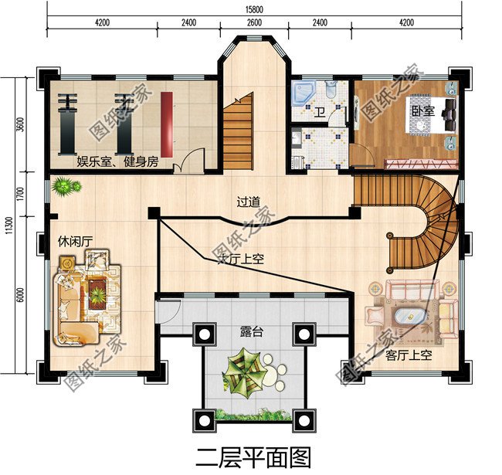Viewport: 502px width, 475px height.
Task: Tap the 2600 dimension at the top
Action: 253,23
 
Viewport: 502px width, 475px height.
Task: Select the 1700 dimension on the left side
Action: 22,190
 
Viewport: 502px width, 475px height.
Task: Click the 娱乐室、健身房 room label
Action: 117,161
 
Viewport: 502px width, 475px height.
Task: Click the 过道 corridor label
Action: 248,202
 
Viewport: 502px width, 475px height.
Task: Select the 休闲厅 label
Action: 74,242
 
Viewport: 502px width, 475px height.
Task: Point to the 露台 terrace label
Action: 252,332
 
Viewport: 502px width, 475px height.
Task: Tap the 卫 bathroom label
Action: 320,113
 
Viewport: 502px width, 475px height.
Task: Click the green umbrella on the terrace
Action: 246,370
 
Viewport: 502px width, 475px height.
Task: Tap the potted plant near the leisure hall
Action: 66,186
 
